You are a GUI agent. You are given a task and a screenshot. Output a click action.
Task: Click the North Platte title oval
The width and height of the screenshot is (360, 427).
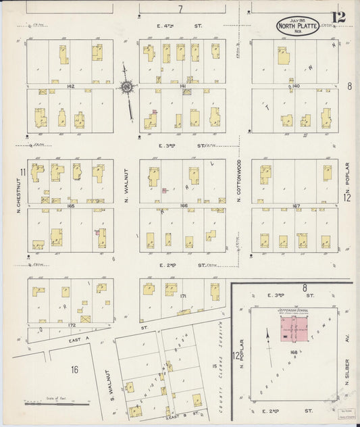tap(299, 27)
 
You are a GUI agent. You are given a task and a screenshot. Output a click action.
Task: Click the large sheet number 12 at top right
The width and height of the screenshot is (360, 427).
tap(338, 17)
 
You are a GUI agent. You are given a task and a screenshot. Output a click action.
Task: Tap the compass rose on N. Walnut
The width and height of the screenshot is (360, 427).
tap(127, 86)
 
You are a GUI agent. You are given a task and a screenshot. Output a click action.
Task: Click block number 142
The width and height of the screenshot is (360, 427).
tap(70, 86)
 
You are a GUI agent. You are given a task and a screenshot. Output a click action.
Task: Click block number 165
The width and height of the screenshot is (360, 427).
tap(70, 204)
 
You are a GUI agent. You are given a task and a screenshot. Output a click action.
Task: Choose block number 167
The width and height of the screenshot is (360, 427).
tap(295, 204)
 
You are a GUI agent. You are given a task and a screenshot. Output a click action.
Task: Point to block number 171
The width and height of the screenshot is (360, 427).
tap(183, 297)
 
